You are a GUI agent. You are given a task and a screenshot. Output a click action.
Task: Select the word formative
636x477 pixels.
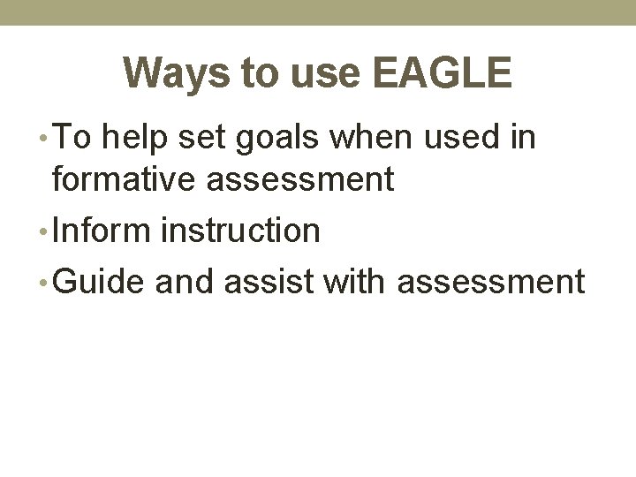pyautogui.click(x=125, y=180)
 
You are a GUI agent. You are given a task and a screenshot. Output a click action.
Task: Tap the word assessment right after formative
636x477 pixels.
pyautogui.click(x=301, y=180)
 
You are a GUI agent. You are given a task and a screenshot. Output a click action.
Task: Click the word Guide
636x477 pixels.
pyautogui.click(x=98, y=282)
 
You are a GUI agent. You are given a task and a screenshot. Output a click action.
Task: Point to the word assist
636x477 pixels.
pyautogui.click(x=271, y=282)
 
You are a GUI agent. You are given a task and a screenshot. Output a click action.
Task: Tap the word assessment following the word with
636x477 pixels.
pyautogui.click(x=491, y=282)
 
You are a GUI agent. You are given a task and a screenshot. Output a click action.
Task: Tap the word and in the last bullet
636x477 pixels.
pyautogui.click(x=186, y=282)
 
